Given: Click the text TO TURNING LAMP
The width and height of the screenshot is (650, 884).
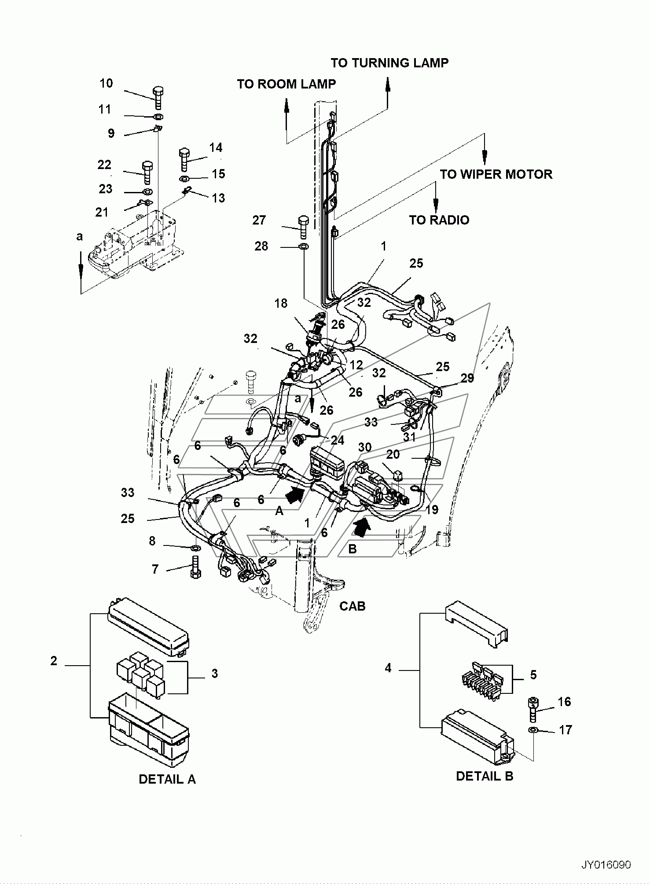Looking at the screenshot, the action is (389, 63).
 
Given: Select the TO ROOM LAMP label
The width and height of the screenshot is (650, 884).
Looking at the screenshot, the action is (286, 84).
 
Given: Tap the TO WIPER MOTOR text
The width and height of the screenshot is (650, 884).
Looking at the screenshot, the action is (496, 174).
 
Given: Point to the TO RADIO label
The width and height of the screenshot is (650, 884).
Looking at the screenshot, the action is (439, 220).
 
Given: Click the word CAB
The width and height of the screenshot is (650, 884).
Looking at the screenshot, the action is (353, 606).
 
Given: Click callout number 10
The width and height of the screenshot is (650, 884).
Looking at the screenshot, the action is (106, 83).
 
